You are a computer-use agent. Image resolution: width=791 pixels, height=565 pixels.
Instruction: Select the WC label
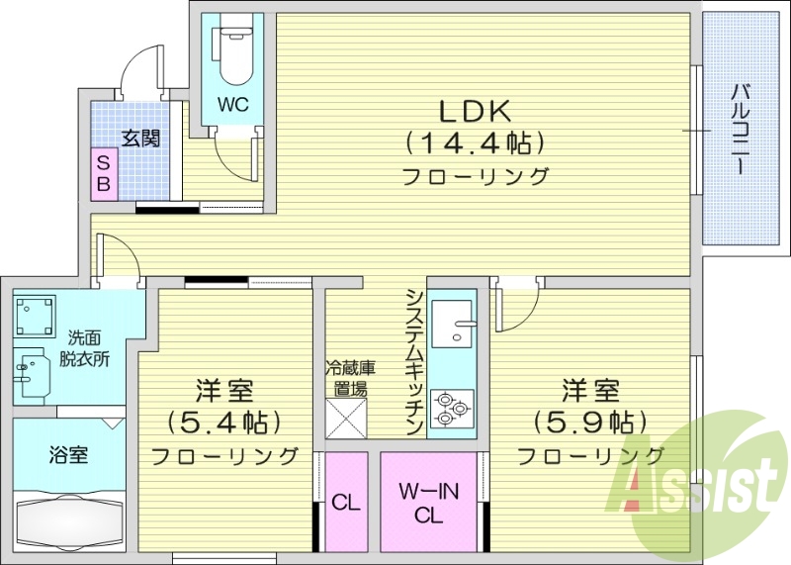click(233, 103)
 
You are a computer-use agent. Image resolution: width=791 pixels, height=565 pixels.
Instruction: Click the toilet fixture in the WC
click(234, 54)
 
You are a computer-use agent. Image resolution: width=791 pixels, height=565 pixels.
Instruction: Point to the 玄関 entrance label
click(141, 139)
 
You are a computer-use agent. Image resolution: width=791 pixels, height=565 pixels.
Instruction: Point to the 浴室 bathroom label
click(68, 455)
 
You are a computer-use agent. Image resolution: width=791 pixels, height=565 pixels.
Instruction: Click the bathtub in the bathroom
click(68, 518)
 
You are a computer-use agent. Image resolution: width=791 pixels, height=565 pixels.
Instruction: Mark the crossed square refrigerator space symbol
click(346, 417)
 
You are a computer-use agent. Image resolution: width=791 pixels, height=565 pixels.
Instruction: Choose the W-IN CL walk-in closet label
click(428, 502)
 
